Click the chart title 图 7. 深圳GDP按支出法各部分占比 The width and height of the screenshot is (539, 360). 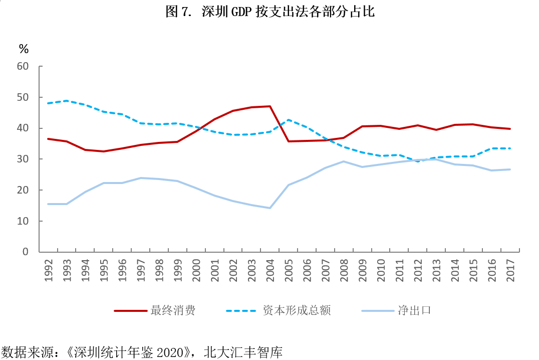pyautogui.click(x=270, y=12)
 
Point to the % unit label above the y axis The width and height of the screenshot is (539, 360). pyautogui.click(x=24, y=49)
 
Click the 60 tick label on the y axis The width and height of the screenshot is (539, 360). pyautogui.click(x=23, y=66)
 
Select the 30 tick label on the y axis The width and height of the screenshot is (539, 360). pyautogui.click(x=23, y=159)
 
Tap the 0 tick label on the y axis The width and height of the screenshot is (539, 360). pyautogui.click(x=26, y=252)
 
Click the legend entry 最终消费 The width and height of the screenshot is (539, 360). pyautogui.click(x=173, y=310)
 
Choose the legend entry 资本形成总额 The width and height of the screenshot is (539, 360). pyautogui.click(x=297, y=310)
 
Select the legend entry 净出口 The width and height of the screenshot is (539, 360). pyautogui.click(x=414, y=310)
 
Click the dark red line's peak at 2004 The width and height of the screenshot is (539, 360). pyautogui.click(x=270, y=106)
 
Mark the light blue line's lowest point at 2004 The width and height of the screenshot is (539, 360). pyautogui.click(x=270, y=208)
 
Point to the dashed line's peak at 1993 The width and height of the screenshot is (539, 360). pyautogui.click(x=67, y=101)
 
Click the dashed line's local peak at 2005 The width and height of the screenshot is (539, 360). pyautogui.click(x=289, y=120)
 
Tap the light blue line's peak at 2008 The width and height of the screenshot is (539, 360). pyautogui.click(x=344, y=161)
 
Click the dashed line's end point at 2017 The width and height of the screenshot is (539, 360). pyautogui.click(x=510, y=148)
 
